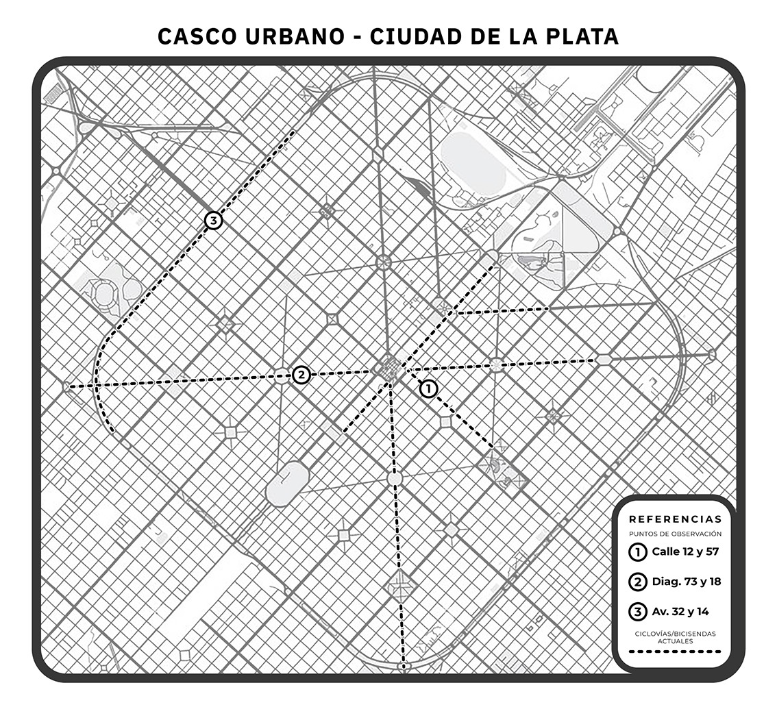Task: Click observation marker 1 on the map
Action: (x=428, y=388)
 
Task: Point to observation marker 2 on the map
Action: (x=300, y=375)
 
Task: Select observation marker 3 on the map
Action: (x=214, y=221)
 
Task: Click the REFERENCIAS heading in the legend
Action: (x=675, y=519)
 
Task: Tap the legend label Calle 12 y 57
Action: (x=685, y=551)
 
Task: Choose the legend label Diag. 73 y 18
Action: (x=686, y=582)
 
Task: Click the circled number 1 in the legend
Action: (x=638, y=551)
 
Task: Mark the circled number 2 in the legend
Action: (x=638, y=582)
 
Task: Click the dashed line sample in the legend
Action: (x=675, y=652)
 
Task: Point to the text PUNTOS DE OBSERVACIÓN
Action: (x=675, y=534)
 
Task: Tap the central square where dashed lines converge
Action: (x=388, y=369)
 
